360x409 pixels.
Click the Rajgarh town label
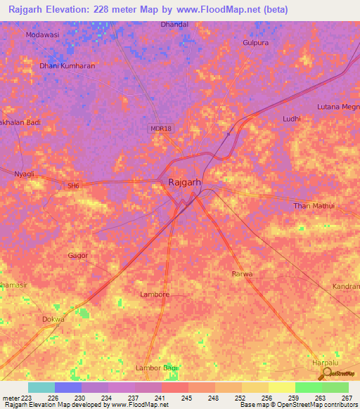click(x=187, y=183)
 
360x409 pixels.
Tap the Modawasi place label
click(x=42, y=34)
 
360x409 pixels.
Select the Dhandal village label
click(x=174, y=24)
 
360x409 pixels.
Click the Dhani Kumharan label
click(x=67, y=66)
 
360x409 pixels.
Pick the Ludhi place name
click(x=291, y=119)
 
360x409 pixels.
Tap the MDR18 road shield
click(x=160, y=129)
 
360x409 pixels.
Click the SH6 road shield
click(x=74, y=186)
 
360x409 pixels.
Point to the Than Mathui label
click(x=314, y=205)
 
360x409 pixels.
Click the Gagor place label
click(x=78, y=255)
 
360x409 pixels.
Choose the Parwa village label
click(x=242, y=273)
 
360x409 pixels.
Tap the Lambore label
click(x=155, y=294)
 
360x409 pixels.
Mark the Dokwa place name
click(x=53, y=319)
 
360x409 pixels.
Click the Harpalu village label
click(x=325, y=363)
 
